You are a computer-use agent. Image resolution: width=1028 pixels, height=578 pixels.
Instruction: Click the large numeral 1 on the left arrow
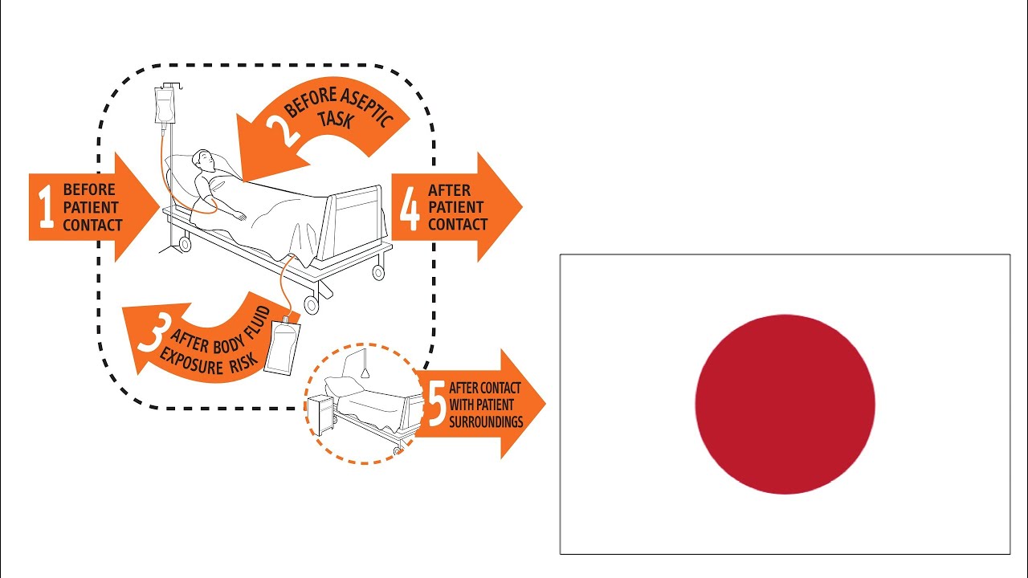tap(46, 207)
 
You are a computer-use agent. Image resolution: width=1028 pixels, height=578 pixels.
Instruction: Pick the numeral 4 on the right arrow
tap(410, 207)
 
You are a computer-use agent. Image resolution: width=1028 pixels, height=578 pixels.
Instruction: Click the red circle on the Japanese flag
tap(785, 404)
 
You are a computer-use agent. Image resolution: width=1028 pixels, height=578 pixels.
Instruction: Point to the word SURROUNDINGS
tap(486, 421)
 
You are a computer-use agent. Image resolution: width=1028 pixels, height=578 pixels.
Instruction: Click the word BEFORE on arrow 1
tap(88, 190)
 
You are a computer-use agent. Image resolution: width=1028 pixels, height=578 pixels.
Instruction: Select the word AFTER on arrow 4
tap(450, 190)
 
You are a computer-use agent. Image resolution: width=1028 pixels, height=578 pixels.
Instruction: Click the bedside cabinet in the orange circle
tap(321, 414)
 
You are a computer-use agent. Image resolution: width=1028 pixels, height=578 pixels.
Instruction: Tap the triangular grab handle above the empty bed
tap(365, 371)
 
